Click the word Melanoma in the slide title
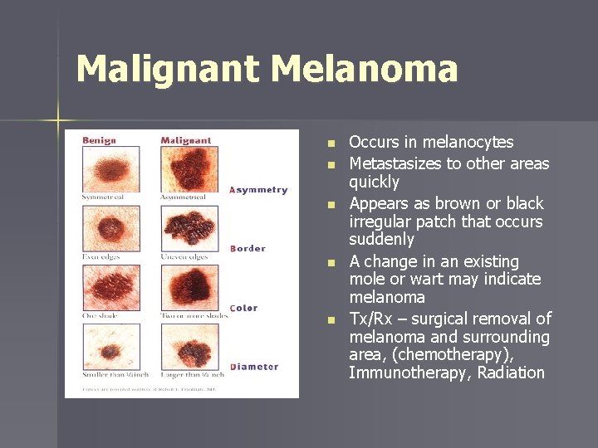365,69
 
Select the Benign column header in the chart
99,140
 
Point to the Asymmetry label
258,189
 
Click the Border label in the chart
248,248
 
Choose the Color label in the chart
243,308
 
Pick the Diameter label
253,367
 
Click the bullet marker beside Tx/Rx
331,320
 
